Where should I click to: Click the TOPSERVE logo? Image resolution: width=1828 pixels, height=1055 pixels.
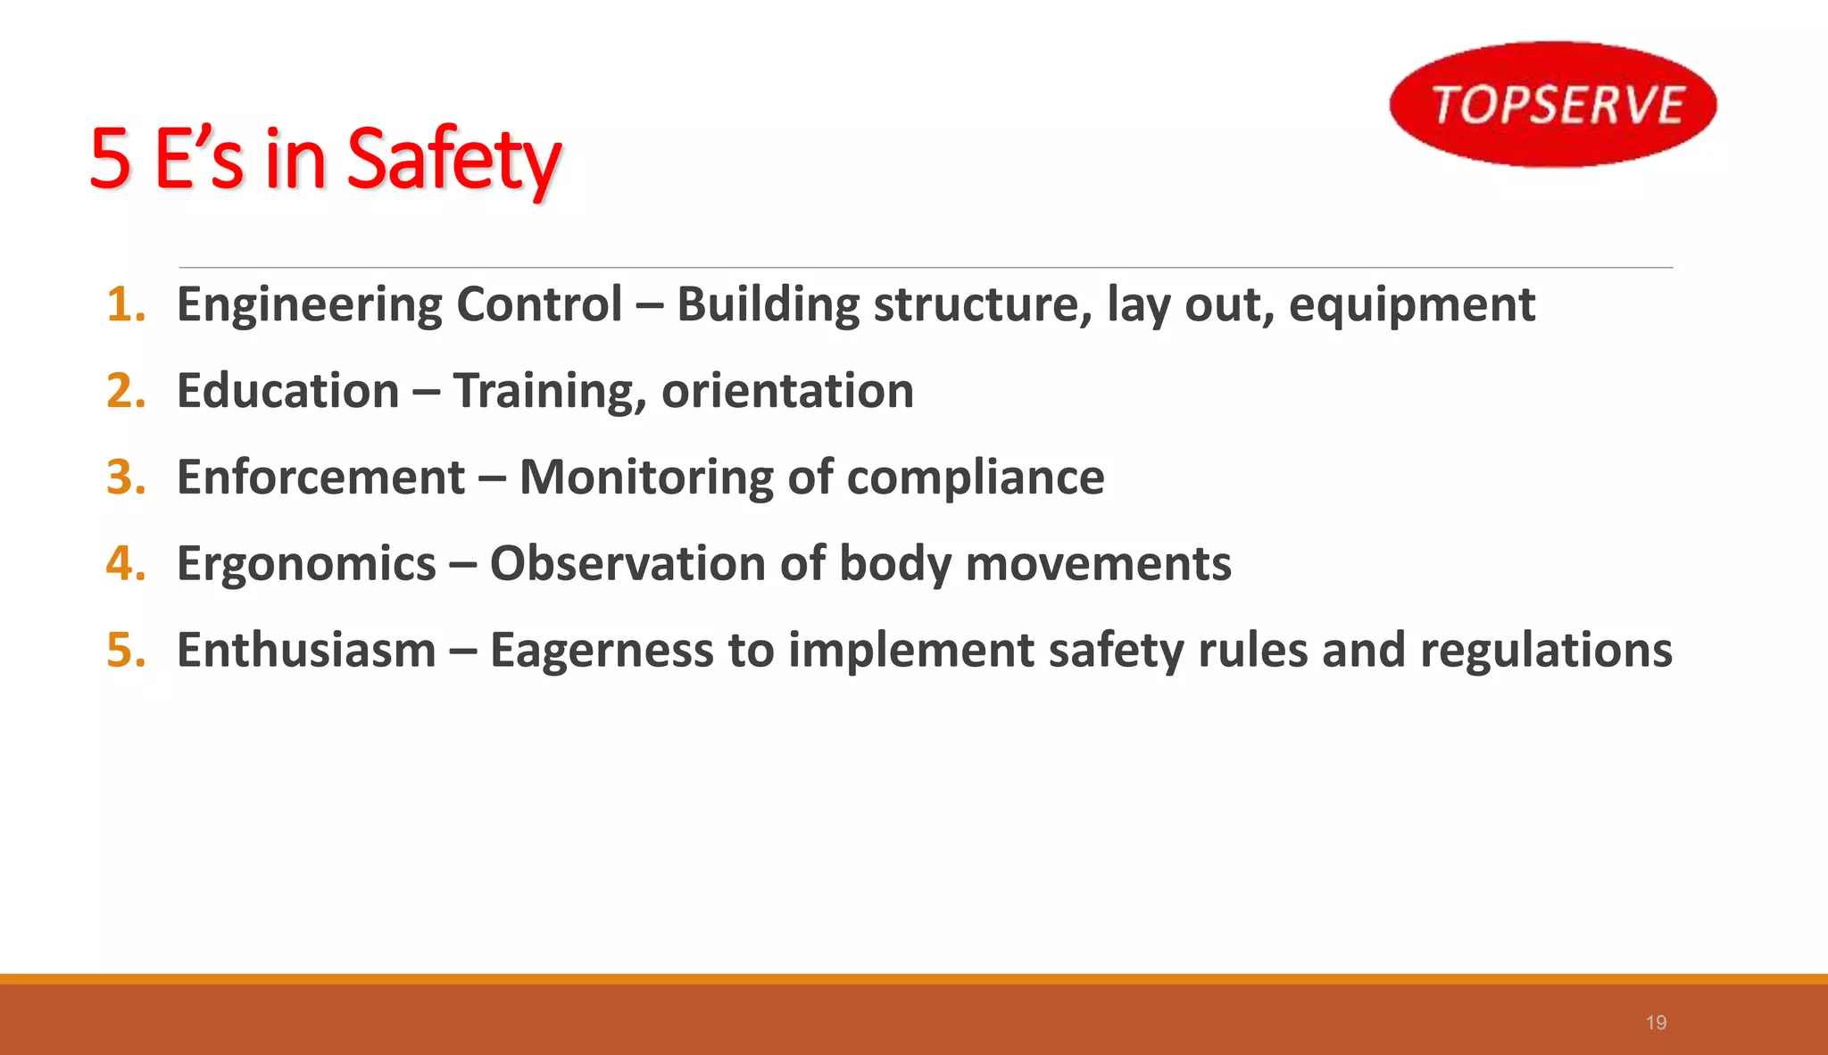(1553, 104)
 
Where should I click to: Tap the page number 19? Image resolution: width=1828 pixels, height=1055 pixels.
(1656, 1023)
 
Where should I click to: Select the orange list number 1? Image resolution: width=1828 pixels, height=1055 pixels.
(125, 304)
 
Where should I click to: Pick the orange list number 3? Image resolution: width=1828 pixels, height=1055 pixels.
(125, 477)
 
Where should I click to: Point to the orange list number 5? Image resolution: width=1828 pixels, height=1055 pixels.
(125, 650)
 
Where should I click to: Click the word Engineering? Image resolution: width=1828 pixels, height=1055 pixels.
(309, 305)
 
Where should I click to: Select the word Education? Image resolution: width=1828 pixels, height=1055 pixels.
(287, 391)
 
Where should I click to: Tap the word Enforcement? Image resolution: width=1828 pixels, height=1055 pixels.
(320, 477)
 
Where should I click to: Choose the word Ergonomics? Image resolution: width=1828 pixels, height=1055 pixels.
(306, 564)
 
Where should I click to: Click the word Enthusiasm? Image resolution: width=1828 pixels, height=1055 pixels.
(306, 650)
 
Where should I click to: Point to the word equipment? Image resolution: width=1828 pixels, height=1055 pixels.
(1411, 305)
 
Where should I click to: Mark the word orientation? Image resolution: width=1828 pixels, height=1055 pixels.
(787, 391)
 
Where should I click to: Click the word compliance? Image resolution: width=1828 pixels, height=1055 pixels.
(975, 478)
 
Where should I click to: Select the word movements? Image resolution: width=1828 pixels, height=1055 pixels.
(1098, 564)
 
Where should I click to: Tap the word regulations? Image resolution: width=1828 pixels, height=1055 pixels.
(1546, 651)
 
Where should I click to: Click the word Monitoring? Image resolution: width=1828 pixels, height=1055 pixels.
(645, 478)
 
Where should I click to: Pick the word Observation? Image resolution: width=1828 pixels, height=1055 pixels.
(627, 564)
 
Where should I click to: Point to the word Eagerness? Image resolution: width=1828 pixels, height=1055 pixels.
(602, 651)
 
